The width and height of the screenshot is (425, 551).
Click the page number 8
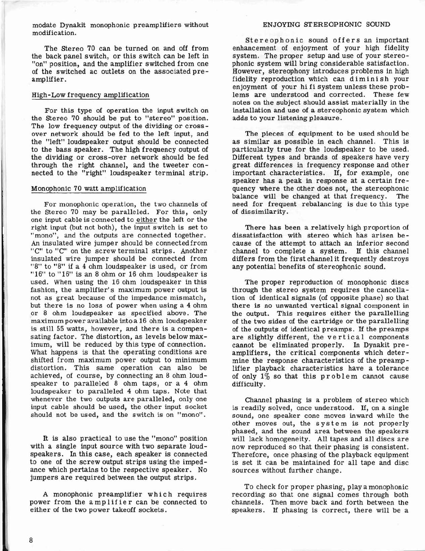31,540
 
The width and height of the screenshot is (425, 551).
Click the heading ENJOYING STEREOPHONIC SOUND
326,24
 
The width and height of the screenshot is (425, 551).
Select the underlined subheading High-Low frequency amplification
90,95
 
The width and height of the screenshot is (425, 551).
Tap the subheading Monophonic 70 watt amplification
88,189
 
